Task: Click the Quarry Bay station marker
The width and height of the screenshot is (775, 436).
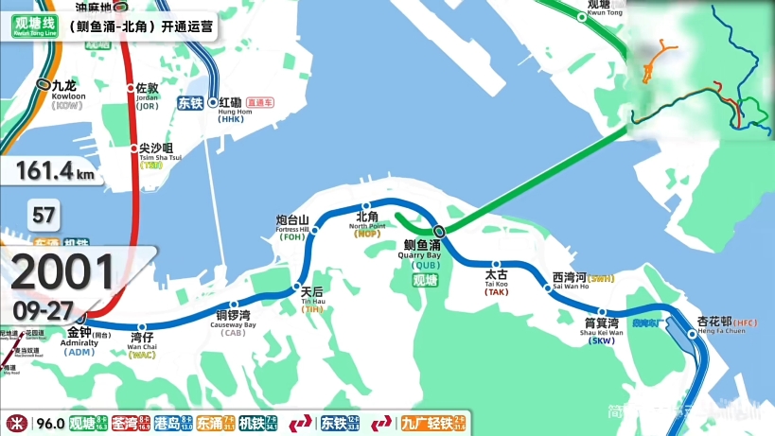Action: pyautogui.click(x=439, y=230)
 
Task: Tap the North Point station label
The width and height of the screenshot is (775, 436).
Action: pyautogui.click(x=367, y=221)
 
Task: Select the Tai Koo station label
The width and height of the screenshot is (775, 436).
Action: pyautogui.click(x=497, y=280)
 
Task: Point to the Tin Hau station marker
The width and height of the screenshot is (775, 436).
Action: pyautogui.click(x=296, y=287)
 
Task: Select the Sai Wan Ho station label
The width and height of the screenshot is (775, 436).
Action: pyautogui.click(x=571, y=281)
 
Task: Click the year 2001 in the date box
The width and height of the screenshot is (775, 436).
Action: pyautogui.click(x=63, y=274)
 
